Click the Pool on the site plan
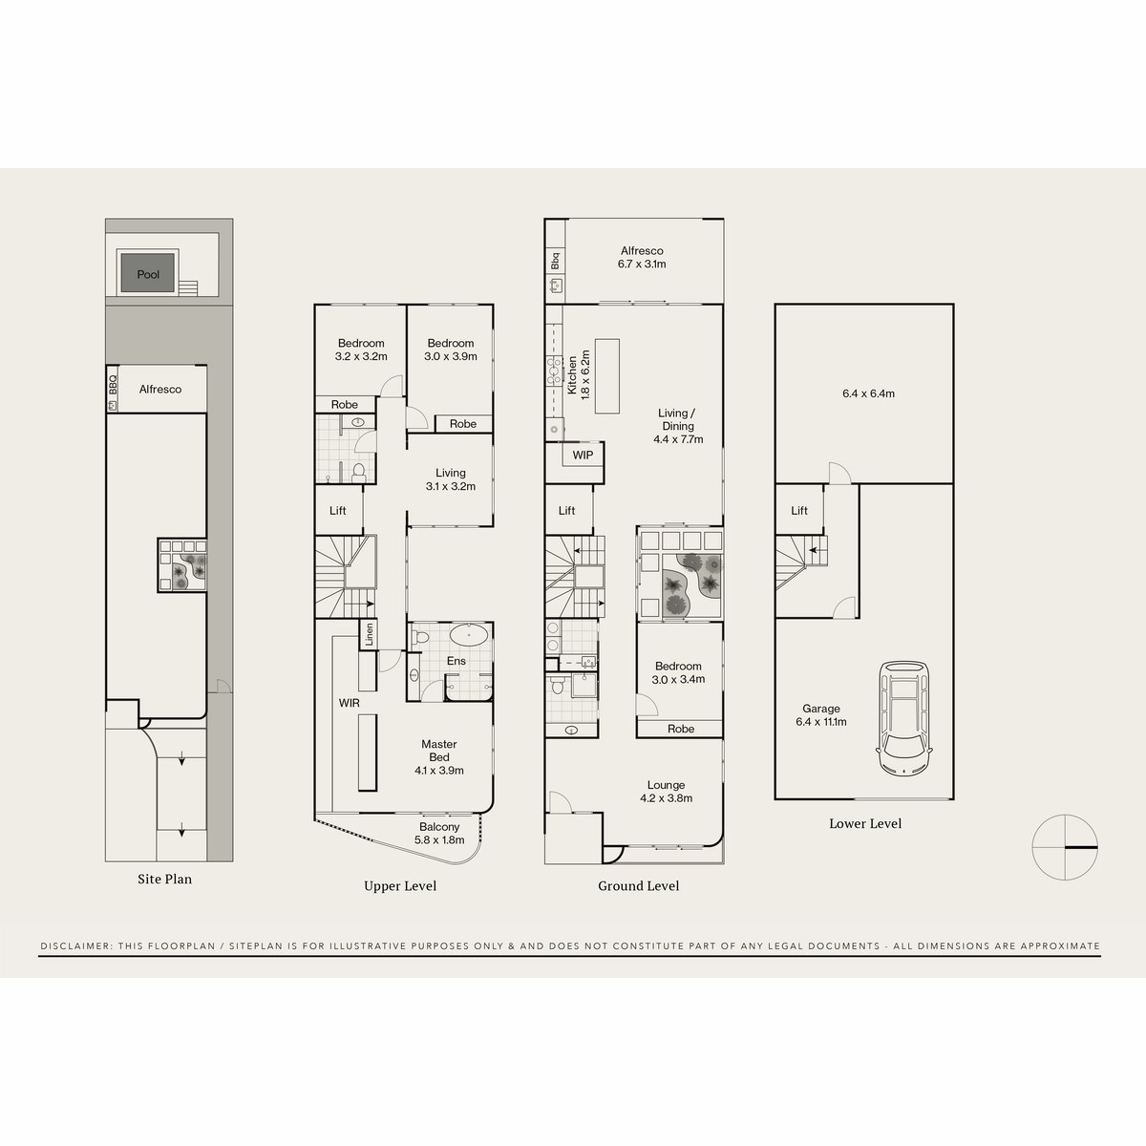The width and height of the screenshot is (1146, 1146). [x=148, y=273]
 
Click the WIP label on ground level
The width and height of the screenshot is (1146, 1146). [x=583, y=456]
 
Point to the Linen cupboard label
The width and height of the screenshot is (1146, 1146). [x=369, y=635]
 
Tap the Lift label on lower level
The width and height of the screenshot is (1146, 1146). [x=799, y=511]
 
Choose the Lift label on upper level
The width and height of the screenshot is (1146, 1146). [x=338, y=511]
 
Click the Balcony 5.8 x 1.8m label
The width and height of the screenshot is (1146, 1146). [x=439, y=834]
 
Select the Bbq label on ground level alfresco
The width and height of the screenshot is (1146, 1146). [x=555, y=261]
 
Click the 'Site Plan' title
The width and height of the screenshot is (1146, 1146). [x=164, y=879]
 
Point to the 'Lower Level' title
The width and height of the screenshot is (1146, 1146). [x=865, y=823]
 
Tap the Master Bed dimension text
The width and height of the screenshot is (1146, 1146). [x=439, y=770]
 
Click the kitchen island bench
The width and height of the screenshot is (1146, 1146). [x=608, y=375]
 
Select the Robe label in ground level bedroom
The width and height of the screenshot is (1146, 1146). [x=681, y=729]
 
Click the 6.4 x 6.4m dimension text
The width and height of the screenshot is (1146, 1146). [x=868, y=393]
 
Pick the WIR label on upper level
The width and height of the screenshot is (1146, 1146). [x=349, y=702]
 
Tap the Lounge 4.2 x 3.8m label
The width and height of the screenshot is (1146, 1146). [x=666, y=792]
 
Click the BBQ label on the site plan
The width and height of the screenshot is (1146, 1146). [x=113, y=384]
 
